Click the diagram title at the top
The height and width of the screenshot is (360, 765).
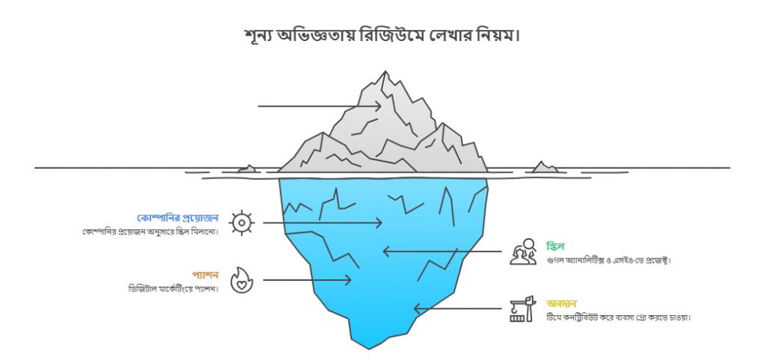(x=382, y=35)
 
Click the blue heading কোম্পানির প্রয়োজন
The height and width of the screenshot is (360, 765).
(x=178, y=217)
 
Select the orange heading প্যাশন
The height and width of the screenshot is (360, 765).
(x=205, y=275)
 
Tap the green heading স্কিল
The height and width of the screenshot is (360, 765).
(x=555, y=246)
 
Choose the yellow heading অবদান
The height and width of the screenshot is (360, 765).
(x=561, y=303)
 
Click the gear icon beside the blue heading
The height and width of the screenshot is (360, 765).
(x=241, y=223)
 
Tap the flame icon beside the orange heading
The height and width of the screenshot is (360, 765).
(x=241, y=280)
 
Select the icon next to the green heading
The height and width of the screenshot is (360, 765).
(x=522, y=252)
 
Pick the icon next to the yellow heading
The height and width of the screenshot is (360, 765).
(x=522, y=308)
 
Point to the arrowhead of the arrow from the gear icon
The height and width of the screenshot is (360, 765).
(x=380, y=223)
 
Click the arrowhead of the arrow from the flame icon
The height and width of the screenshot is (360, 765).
(x=348, y=280)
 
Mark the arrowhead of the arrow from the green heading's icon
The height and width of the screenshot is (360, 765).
(x=386, y=252)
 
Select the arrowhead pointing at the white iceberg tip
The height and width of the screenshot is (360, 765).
(x=380, y=106)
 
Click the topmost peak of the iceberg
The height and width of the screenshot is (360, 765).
(x=385, y=75)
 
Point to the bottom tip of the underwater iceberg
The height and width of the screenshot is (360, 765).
(x=368, y=346)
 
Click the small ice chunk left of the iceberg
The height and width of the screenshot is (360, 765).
(x=247, y=170)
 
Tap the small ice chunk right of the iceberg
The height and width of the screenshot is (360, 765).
(x=545, y=167)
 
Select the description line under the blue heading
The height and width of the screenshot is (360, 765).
(x=150, y=231)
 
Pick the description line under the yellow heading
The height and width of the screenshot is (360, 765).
(x=618, y=317)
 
